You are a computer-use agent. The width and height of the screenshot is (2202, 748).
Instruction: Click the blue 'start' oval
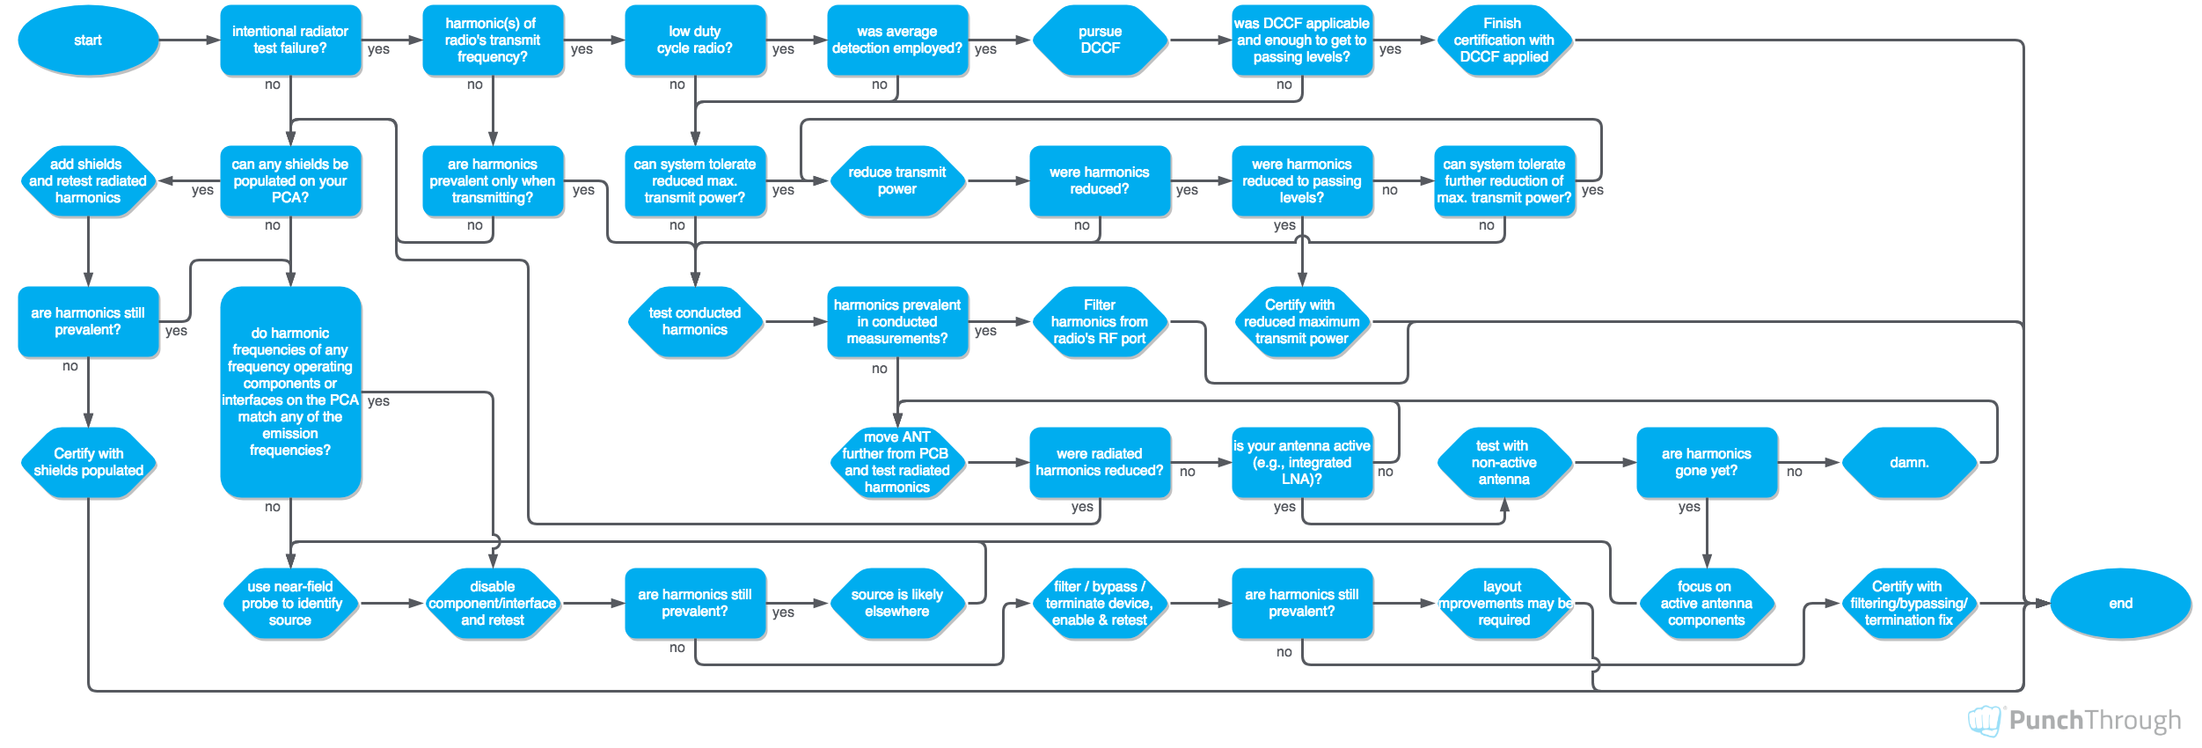88,40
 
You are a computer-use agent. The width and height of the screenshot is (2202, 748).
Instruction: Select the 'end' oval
2120,604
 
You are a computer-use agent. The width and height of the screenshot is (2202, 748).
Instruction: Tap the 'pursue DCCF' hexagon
1100,40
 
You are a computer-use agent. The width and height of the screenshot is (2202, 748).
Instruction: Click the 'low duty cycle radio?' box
695,40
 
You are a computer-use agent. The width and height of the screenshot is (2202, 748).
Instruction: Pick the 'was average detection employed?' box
897,40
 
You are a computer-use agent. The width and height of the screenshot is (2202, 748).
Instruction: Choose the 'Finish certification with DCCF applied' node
1504,40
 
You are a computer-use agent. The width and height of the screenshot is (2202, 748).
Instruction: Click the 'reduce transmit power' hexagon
897,181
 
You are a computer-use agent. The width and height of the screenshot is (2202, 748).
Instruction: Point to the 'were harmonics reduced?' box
1100,181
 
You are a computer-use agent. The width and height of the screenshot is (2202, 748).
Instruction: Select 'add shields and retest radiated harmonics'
88,181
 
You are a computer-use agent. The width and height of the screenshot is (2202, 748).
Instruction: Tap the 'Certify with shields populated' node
88,463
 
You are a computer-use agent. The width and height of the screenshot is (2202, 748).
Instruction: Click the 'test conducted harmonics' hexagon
695,322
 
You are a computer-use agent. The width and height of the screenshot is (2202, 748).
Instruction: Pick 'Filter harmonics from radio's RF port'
1100,322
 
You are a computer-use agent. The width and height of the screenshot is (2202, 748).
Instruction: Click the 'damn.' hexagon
1909,463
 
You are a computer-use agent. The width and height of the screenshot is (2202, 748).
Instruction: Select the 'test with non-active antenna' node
1504,463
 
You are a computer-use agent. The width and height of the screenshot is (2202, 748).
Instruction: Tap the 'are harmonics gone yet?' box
1707,463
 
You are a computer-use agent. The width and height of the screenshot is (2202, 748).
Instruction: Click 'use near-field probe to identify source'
290,604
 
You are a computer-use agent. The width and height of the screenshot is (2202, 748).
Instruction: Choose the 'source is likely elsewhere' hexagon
897,604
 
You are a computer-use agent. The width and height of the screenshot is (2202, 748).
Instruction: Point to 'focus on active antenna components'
1707,604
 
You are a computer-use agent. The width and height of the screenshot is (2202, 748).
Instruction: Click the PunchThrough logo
2074,721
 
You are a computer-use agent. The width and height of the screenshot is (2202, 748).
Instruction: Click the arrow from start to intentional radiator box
189,40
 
